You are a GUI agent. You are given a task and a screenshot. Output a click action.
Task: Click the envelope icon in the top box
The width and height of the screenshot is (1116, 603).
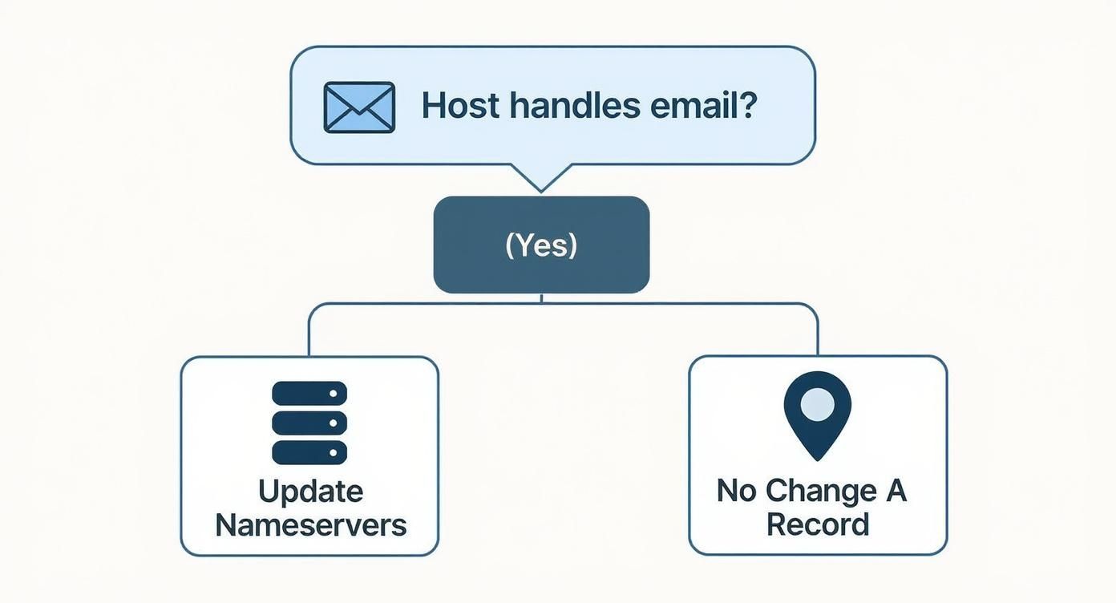point(359,107)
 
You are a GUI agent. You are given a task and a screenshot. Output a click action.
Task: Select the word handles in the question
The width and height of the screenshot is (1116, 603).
point(572,106)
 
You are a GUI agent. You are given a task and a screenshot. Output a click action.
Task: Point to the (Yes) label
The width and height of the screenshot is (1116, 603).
point(541,245)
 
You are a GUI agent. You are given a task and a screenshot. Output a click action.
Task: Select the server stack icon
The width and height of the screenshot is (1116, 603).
point(309,423)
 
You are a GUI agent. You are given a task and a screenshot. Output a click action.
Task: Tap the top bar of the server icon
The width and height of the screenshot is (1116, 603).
point(309,393)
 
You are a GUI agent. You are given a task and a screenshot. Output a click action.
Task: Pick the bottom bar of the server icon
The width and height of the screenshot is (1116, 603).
point(309,452)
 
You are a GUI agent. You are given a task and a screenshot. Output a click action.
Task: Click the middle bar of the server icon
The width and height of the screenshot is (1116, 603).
point(309,423)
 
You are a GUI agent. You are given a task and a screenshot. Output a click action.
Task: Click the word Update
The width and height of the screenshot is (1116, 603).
point(310,492)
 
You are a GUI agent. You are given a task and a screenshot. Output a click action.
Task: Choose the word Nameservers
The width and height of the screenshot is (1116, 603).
point(311,525)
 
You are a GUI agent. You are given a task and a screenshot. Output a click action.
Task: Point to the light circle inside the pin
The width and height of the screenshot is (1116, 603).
point(817,403)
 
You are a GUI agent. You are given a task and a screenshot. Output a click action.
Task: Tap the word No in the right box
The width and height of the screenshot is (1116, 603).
point(737,490)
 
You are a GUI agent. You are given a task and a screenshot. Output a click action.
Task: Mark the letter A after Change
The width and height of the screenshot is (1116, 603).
point(896,490)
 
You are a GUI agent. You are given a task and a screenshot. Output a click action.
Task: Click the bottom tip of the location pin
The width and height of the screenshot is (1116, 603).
point(817,457)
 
